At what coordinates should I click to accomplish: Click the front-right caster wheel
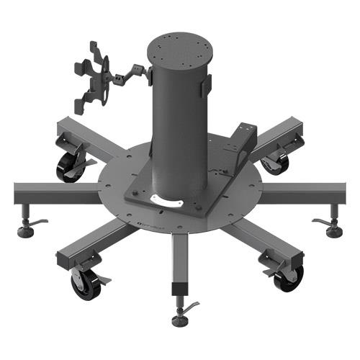tap(288, 278)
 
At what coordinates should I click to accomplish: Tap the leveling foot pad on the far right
tap(333, 232)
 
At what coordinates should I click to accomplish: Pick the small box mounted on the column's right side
tap(207, 84)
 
